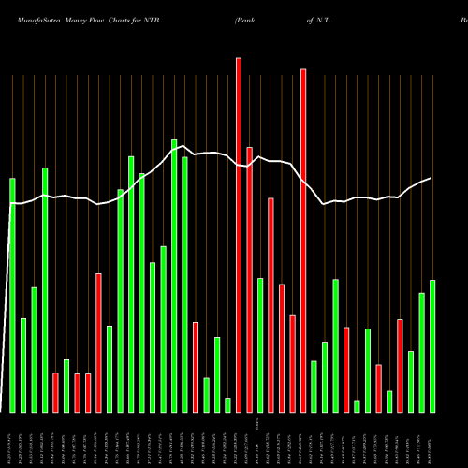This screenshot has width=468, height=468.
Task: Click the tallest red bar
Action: pos(239,234)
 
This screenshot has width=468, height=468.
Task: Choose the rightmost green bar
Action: pos(432,345)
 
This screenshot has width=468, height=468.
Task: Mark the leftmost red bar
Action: pos(55,392)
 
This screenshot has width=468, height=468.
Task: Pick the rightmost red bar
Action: pos(401,365)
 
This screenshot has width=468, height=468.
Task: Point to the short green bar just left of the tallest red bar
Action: pos(227,404)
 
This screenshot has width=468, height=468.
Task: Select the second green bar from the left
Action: pos(23,365)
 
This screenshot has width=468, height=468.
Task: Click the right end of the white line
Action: pos(431,178)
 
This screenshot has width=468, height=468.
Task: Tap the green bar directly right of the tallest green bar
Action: pos(185,285)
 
